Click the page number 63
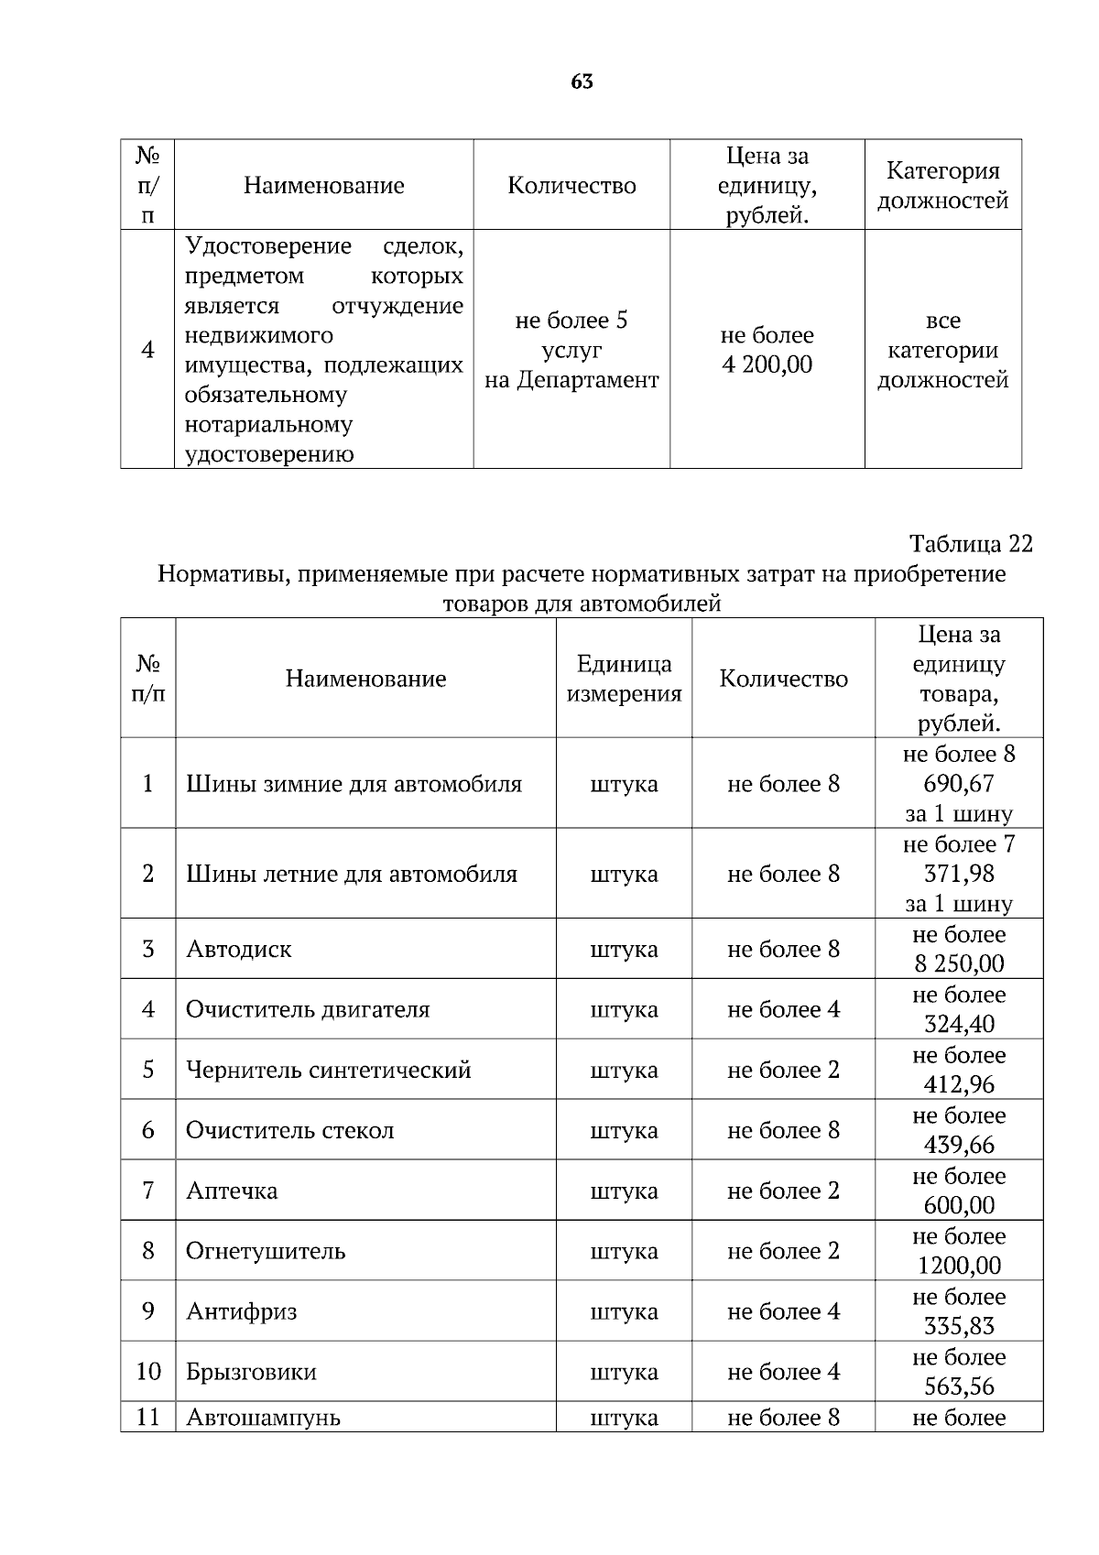pyautogui.click(x=582, y=82)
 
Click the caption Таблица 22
pyautogui.click(x=970, y=544)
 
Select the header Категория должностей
pyautogui.click(x=942, y=185)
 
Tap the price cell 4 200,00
pyautogui.click(x=767, y=364)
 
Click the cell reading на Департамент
pyautogui.click(x=571, y=380)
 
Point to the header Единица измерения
pyautogui.click(x=624, y=679)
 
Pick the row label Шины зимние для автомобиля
pyautogui.click(x=354, y=784)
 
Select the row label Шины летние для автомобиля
pyautogui.click(x=352, y=874)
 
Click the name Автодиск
pyautogui.click(x=239, y=949)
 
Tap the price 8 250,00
pyautogui.click(x=958, y=963)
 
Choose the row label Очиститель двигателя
pyautogui.click(x=308, y=1009)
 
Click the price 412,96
pyautogui.click(x=958, y=1084)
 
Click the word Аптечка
pyautogui.click(x=232, y=1191)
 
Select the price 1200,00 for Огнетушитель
pyautogui.click(x=958, y=1266)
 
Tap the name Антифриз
pyautogui.click(x=241, y=1311)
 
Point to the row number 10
pyautogui.click(x=148, y=1372)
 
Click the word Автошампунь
pyautogui.click(x=263, y=1418)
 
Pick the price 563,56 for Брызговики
pyautogui.click(x=958, y=1386)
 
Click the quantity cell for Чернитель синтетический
pyautogui.click(x=783, y=1070)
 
